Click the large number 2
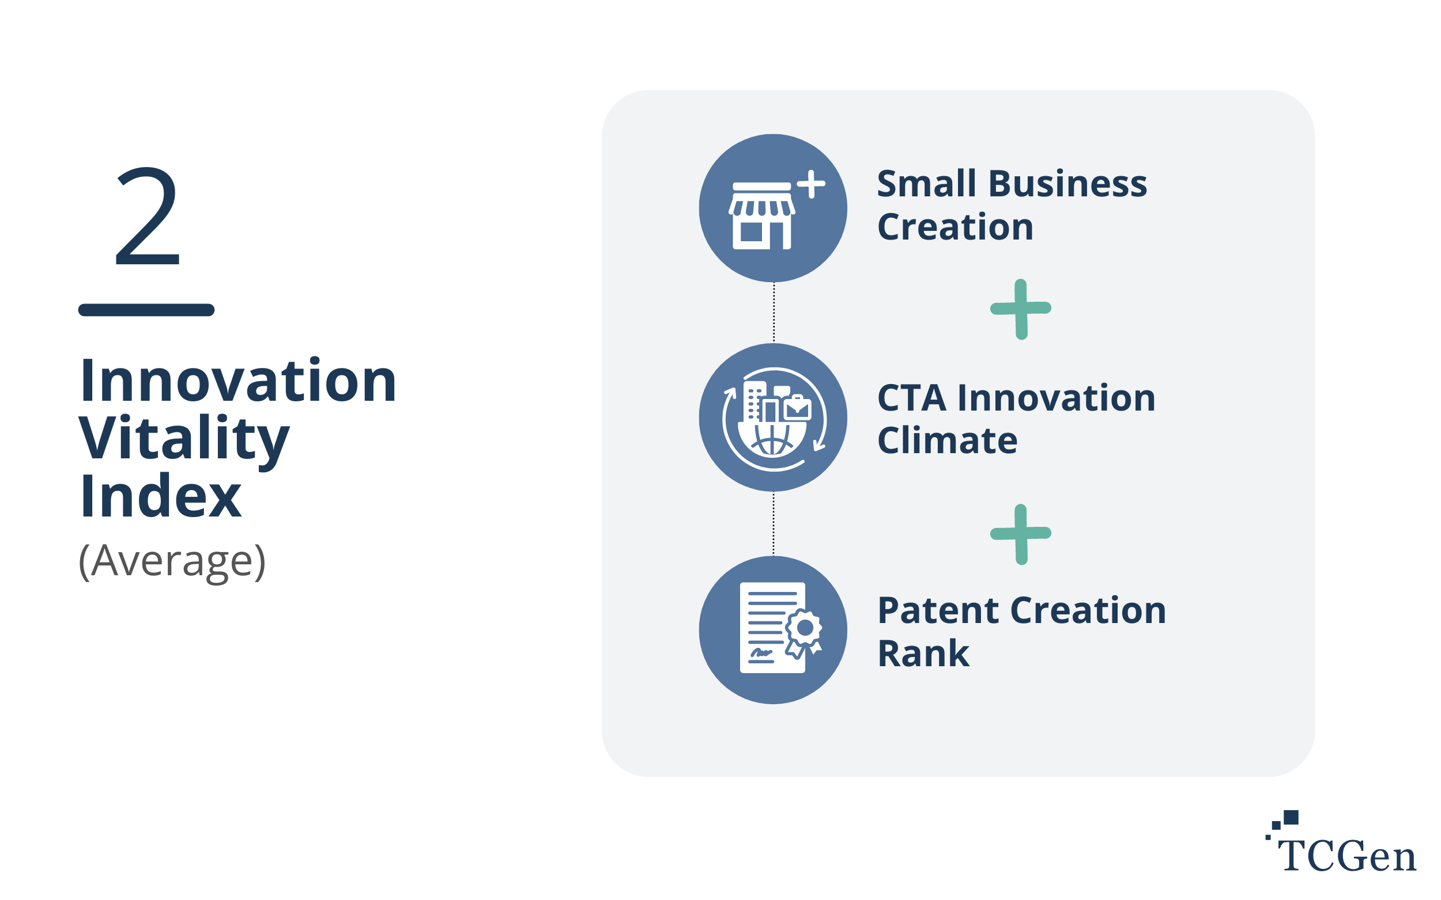[x=147, y=215]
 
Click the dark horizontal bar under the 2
[x=146, y=310]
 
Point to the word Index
[x=161, y=496]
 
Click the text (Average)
[x=172, y=561]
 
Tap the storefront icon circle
[x=773, y=208]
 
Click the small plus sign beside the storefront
[x=811, y=184]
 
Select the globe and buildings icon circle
[x=773, y=417]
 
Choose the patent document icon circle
[x=773, y=630]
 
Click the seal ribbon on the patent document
[x=804, y=635]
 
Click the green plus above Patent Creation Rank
[x=1021, y=534]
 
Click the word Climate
[x=947, y=440]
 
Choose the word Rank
[x=923, y=654]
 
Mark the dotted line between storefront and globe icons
[x=774, y=313]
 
